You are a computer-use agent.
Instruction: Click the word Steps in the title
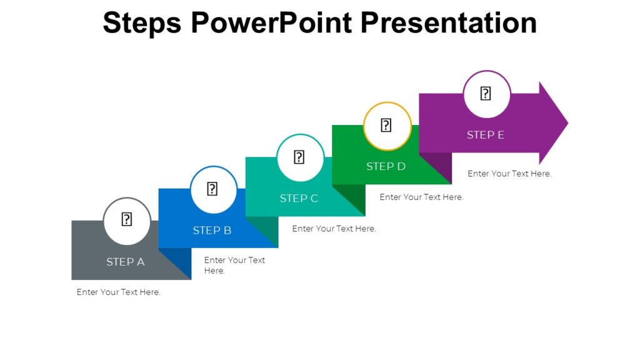tap(142, 23)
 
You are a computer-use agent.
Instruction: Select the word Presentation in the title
tap(449, 23)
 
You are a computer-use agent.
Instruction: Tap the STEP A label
tap(126, 262)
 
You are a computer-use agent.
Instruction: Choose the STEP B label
tap(212, 231)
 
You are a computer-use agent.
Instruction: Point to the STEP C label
tap(299, 199)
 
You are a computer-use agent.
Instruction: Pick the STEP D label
tap(386, 166)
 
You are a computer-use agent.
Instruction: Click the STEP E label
tap(486, 135)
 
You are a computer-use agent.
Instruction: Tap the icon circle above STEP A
tap(127, 221)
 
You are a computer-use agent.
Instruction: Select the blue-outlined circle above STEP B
tap(213, 189)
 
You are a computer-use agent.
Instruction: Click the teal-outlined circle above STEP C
tap(300, 157)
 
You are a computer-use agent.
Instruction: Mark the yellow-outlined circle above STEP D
tap(387, 126)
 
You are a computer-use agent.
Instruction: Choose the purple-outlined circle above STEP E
tap(486, 94)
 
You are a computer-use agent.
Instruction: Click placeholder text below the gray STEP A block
tap(119, 292)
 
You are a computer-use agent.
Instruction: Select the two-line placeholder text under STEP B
tap(234, 265)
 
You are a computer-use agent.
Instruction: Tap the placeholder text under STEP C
tap(334, 229)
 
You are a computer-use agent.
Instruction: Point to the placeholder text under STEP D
tap(421, 197)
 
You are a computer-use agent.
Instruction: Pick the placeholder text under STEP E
tap(509, 174)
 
